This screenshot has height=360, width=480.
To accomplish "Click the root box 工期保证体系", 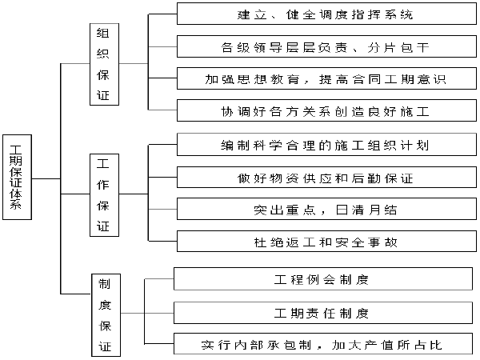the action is click(17, 178).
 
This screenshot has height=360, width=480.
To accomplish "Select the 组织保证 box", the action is click(104, 64).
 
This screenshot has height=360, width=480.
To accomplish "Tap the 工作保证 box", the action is click(104, 195).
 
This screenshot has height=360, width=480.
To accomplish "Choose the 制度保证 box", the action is click(106, 315).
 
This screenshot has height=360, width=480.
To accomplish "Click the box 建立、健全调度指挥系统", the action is click(326, 14).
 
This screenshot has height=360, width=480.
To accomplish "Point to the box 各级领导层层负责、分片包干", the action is click(326, 46).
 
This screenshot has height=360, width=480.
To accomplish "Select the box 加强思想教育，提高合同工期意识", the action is click(326, 78).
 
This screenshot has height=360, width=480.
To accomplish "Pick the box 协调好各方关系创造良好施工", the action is click(326, 110).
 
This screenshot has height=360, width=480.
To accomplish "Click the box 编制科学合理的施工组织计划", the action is click(326, 145).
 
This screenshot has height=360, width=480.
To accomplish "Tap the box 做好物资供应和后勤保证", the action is click(326, 178).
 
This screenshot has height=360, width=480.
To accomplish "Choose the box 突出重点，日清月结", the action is click(326, 209).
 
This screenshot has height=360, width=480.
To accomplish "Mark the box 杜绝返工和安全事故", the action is click(326, 242).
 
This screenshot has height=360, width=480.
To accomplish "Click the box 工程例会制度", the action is click(323, 279).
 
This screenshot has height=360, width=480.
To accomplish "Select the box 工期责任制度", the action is click(323, 313).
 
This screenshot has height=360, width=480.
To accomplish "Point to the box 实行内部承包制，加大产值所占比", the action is click(323, 344).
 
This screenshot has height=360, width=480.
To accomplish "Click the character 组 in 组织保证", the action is click(103, 34).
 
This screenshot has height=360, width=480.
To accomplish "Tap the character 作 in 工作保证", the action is click(103, 185).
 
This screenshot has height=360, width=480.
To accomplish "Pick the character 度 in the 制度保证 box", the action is click(105, 305).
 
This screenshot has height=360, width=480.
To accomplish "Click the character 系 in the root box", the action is click(16, 204).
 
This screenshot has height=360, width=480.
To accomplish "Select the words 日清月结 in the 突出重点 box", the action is click(366, 210).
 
